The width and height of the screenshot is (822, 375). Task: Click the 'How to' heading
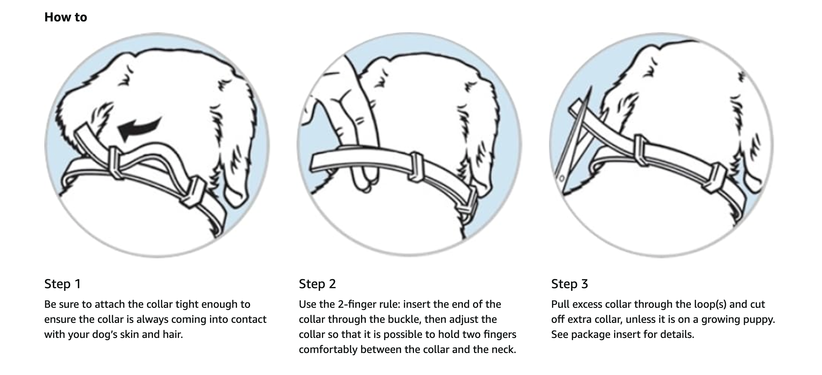tap(65, 17)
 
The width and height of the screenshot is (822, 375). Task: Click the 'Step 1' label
tap(63, 284)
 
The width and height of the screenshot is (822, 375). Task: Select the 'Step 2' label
tap(317, 284)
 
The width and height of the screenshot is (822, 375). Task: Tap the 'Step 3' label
tap(569, 284)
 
